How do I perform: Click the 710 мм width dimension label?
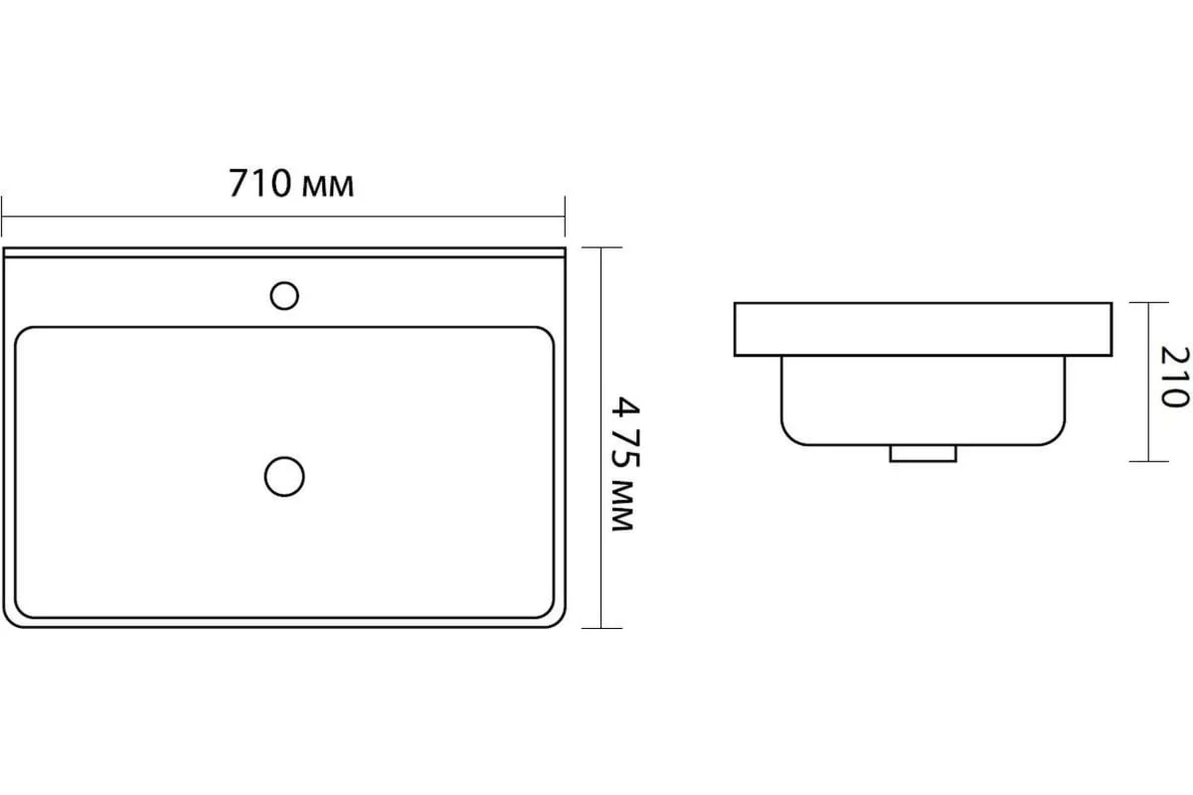click(291, 184)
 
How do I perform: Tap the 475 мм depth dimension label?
click(624, 464)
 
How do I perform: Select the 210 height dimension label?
click(1174, 377)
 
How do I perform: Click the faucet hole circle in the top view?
click(284, 295)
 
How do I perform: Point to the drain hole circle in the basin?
click(284, 477)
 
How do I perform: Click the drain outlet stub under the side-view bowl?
click(923, 454)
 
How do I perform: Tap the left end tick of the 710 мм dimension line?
click(2, 217)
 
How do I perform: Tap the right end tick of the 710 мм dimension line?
click(565, 217)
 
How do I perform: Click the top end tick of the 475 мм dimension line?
click(601, 247)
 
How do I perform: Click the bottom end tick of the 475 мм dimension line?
click(601, 628)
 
